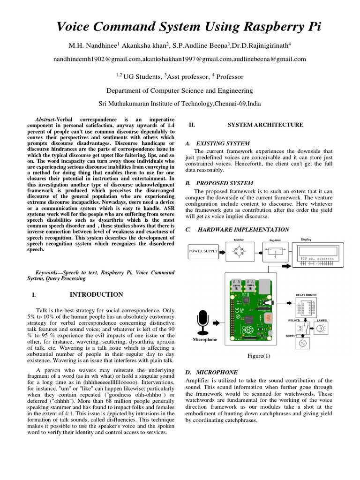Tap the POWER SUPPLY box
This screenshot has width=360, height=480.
point(203,252)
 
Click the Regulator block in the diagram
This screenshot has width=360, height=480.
point(275,254)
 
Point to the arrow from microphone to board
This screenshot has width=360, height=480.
point(219,323)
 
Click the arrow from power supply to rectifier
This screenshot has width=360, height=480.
point(222,252)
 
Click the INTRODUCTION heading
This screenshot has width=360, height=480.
point(96,294)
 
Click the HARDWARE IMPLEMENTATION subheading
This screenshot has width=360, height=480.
point(244,229)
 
